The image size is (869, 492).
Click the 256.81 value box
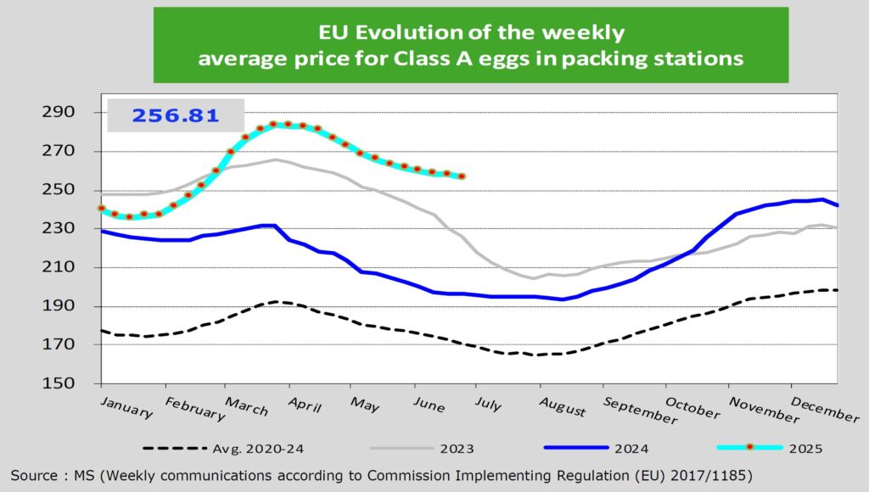pyautogui.click(x=174, y=115)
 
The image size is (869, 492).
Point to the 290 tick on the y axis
pyautogui.click(x=64, y=112)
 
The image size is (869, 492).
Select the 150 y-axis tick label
pyautogui.click(x=64, y=383)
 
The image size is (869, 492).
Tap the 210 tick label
pyautogui.click(x=64, y=267)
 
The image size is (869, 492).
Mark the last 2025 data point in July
pyautogui.click(x=462, y=176)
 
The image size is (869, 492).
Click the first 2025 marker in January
pyautogui.click(x=102, y=208)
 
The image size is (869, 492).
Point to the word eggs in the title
pyautogui.click(x=544, y=59)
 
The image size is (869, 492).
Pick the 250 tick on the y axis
pyautogui.click(x=64, y=190)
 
